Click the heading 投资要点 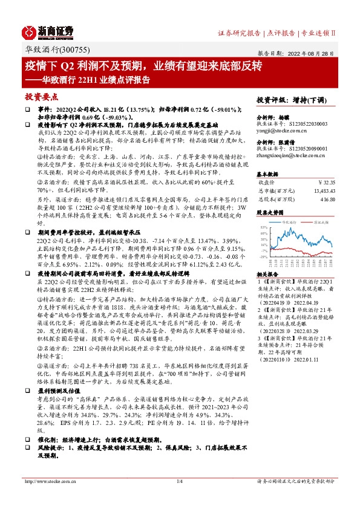(x=41, y=96)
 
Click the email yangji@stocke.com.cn (x=279, y=129)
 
